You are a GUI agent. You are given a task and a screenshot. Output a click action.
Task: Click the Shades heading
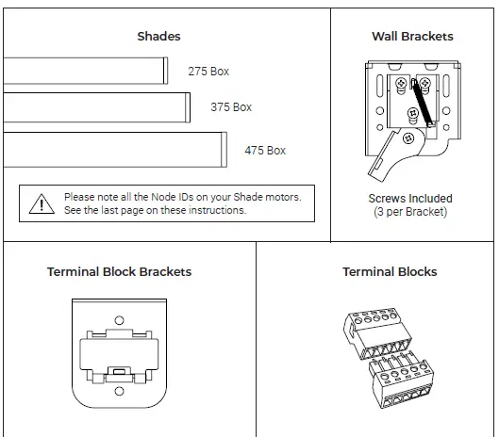pos(158,37)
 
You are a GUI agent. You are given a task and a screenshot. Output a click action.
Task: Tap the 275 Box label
pos(208,72)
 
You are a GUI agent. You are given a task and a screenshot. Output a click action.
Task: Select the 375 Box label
pos(231,107)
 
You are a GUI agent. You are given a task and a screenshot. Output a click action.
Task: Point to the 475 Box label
pos(265,151)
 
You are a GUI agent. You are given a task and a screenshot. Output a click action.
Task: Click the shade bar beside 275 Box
pos(85,72)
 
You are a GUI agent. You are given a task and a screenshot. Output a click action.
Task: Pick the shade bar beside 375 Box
pos(95,107)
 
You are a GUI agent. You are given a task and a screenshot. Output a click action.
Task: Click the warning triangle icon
pos(42,203)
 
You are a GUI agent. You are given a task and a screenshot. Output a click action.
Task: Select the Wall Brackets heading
pos(412,37)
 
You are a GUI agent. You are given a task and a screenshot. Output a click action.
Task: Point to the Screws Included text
pos(410,199)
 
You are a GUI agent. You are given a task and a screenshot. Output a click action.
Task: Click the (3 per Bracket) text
pos(410,212)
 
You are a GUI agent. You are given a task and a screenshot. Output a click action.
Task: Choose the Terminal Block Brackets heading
pos(119,272)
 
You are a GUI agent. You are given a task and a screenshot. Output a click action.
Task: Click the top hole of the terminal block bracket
pos(119,320)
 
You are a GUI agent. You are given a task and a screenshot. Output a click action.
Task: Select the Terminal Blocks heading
pos(390,272)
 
